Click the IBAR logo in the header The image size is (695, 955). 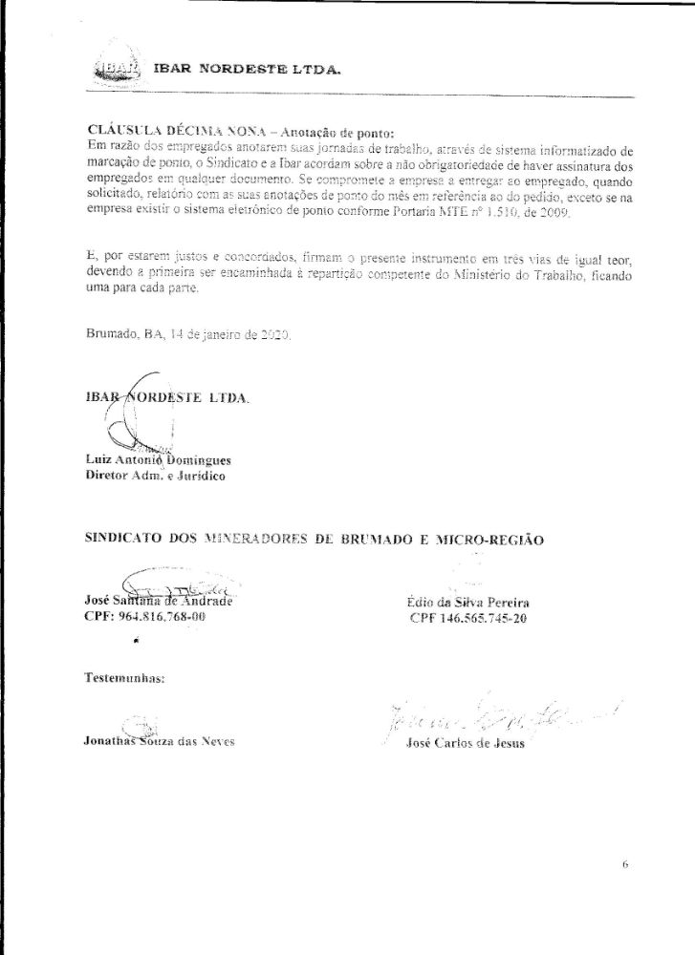tap(117, 68)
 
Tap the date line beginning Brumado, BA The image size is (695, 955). tap(188, 335)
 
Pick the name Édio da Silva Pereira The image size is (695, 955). tap(467, 603)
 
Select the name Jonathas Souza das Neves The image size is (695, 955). tap(159, 740)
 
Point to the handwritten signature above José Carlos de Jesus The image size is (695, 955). tap(497, 714)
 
